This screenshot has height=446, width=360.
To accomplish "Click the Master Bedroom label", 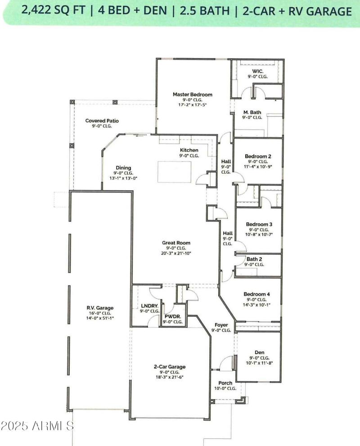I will [x=192, y=95].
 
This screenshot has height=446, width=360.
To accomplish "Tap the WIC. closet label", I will [x=257, y=71].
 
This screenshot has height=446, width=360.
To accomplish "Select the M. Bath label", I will [x=252, y=112].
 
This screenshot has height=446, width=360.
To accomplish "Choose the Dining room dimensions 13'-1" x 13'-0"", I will [x=120, y=178].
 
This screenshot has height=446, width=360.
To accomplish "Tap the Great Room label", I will [x=176, y=243].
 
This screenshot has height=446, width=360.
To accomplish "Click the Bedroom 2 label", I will [x=258, y=156].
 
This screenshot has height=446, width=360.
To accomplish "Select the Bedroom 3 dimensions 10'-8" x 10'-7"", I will [x=258, y=234].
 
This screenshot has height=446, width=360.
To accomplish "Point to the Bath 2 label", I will [x=255, y=259].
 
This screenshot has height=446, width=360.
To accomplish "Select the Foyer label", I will [x=221, y=324].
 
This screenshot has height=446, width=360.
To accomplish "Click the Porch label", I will [x=225, y=383].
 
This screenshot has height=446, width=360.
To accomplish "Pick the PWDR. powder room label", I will [x=172, y=316].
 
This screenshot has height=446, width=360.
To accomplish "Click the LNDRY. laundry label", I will [x=149, y=306].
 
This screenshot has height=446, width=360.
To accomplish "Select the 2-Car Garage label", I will [x=170, y=367].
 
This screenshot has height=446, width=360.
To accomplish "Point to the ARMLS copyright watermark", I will [x=37, y=425].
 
